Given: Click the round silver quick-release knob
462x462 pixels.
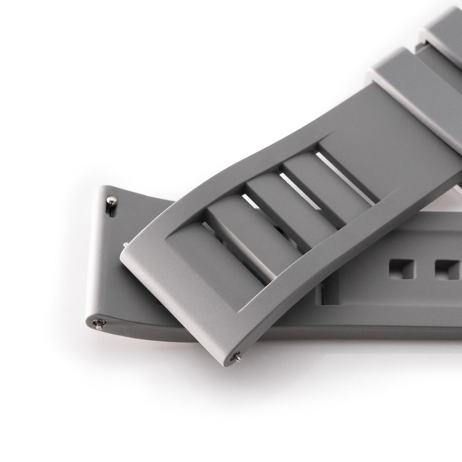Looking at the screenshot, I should tap(110, 200).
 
